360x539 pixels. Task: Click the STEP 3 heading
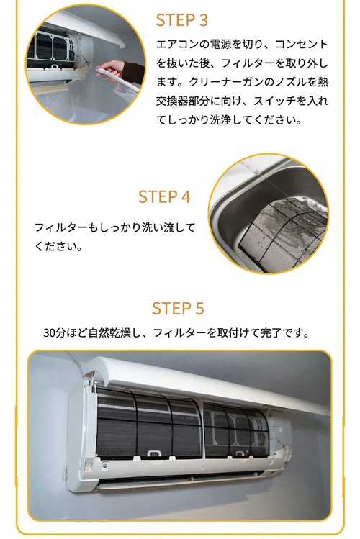182,20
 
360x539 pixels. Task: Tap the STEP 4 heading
164,197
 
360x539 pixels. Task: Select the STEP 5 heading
178,308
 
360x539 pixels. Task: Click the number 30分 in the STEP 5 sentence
54,332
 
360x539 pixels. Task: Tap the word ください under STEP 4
55,246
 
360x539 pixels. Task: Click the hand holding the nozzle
110,70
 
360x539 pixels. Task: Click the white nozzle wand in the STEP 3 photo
117,80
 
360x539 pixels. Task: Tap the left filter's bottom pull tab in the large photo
154,454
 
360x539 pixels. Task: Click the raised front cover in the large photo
207,381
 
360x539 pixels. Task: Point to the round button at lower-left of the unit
105,466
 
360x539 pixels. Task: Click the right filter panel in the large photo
236,430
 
